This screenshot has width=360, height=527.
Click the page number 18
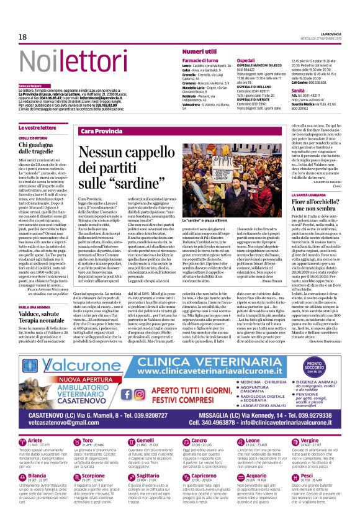[22, 38]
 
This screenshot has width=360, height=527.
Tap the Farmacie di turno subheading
[200, 60]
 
